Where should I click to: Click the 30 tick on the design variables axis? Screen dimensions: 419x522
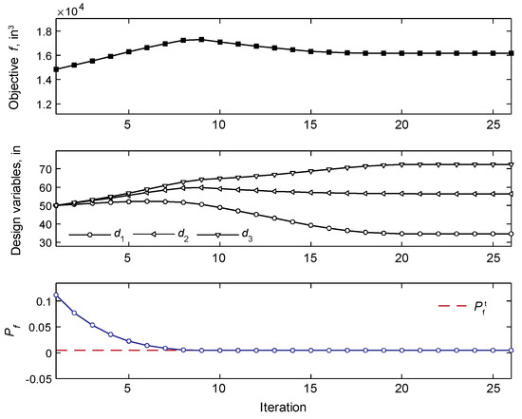[43, 242]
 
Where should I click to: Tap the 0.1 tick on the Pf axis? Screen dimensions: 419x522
[40, 301]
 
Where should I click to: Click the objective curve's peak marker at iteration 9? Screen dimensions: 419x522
[201, 40]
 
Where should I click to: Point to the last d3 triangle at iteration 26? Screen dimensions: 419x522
[513, 164]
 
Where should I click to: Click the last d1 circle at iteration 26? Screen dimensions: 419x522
[513, 234]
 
